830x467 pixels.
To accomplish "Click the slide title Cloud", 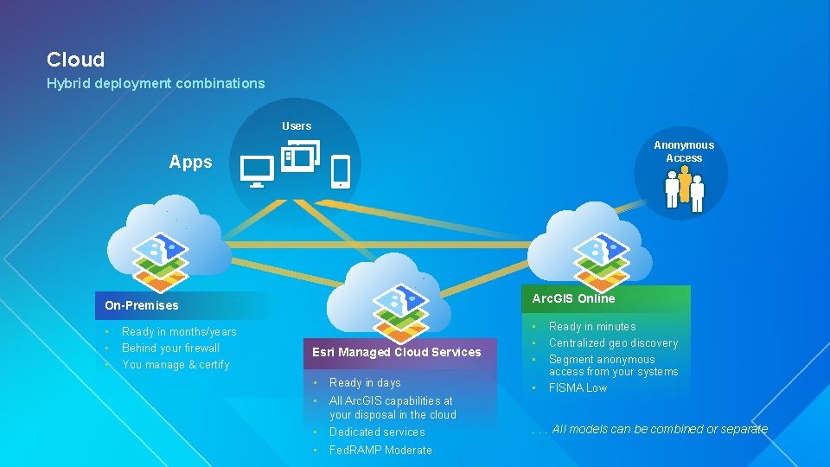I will coord(75,60).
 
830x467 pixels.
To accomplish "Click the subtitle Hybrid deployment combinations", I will coord(156,83).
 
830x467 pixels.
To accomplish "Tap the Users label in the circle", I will coord(297,126).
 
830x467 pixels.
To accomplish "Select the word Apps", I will coord(191,163).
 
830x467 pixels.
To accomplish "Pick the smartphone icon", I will coord(341,171).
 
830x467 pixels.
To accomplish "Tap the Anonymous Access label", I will coord(684,151).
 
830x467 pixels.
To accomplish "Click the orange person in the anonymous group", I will coord(685,184).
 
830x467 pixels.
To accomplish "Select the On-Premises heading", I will coord(142,305).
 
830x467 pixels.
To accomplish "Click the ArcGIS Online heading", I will coord(573,298).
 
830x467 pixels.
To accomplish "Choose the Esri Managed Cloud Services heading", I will coord(397,352).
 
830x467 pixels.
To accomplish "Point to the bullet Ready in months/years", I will coord(179,332).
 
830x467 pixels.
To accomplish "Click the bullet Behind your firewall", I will coord(171,349).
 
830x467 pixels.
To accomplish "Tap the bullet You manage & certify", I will coord(176,365).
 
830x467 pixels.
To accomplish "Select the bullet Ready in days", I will coord(365,383).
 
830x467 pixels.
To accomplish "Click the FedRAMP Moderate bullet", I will coord(380,450).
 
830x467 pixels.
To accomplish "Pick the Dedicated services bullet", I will coord(377,432).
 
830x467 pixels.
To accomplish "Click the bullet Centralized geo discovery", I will coord(613,343).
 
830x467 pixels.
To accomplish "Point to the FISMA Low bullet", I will coord(578,387).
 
